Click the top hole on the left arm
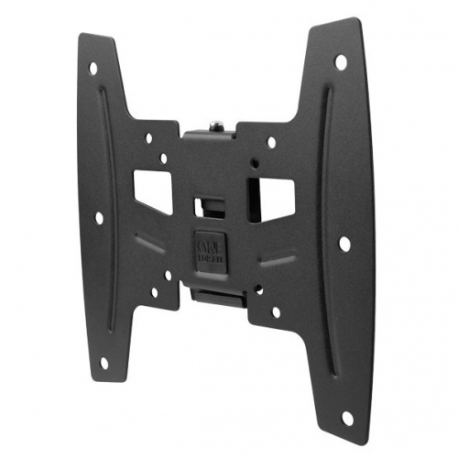pyautogui.click(x=93, y=68)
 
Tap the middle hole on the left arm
pyautogui.click(x=98, y=218)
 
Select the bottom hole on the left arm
pyautogui.click(x=103, y=363)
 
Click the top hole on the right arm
pyautogui.click(x=341, y=61)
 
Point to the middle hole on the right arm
pyautogui.click(x=343, y=245)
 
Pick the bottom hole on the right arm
pyautogui.click(x=345, y=418)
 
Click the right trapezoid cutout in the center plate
pyautogui.click(x=274, y=193)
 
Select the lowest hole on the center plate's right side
pyautogui.click(x=276, y=311)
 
